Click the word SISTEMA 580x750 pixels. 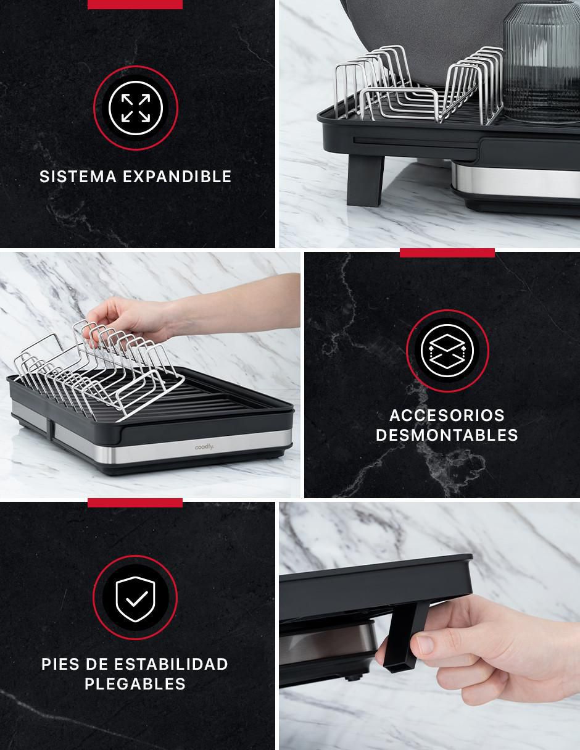click(x=78, y=177)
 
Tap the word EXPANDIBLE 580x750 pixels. click(x=177, y=177)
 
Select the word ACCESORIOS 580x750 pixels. click(x=447, y=415)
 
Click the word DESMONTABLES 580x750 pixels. click(x=447, y=435)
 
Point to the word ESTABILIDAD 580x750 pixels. click(x=171, y=664)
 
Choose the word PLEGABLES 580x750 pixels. click(x=135, y=684)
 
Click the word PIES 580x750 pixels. click(x=60, y=664)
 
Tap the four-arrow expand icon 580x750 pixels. click(x=136, y=108)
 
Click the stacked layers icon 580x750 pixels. click(x=447, y=351)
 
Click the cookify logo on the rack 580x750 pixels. click(x=204, y=448)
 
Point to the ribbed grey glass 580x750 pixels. click(x=541, y=62)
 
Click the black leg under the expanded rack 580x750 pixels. click(x=365, y=180)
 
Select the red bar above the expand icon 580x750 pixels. click(x=135, y=4)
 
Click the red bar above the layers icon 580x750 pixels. click(x=447, y=252)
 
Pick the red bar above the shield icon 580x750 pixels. click(x=135, y=503)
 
